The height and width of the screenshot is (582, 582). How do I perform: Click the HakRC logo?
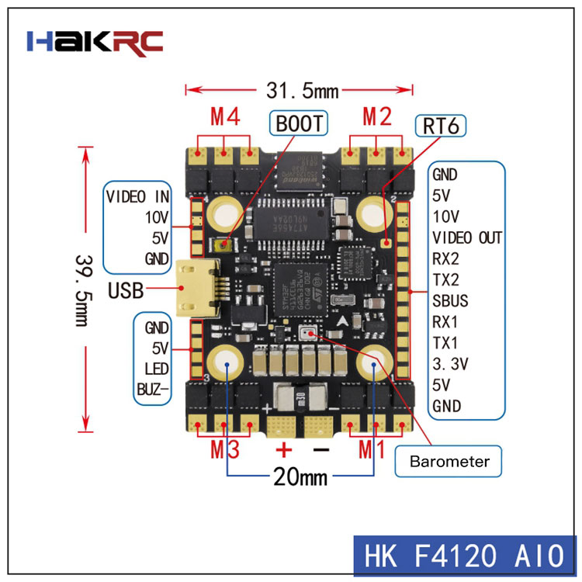click(x=95, y=41)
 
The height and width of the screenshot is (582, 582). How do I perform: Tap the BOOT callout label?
click(x=298, y=123)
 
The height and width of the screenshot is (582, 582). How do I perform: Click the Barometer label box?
click(x=451, y=462)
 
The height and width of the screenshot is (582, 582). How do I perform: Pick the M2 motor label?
click(x=377, y=117)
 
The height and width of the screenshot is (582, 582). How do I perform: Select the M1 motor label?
click(x=375, y=449)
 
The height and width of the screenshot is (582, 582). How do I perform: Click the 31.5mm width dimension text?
click(x=303, y=91)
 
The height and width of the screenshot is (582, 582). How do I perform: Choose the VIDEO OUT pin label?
click(x=467, y=237)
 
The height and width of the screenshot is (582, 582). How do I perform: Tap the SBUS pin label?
click(x=450, y=300)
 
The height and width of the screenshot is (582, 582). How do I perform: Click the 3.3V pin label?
click(x=450, y=362)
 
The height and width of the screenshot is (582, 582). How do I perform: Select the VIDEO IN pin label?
click(x=138, y=196)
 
